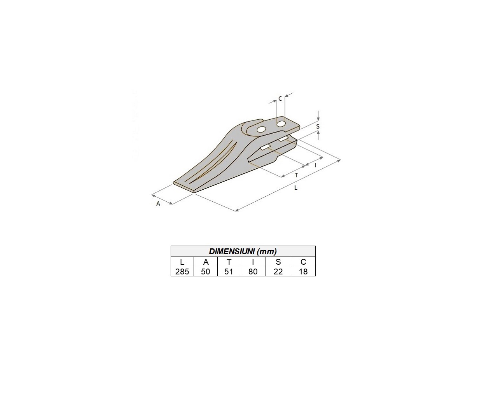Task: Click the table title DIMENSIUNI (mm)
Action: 243,251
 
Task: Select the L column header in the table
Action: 182,262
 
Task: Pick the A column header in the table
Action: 206,262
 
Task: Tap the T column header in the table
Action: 229,262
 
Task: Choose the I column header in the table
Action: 253,262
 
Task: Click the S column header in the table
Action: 278,262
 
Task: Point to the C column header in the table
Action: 303,262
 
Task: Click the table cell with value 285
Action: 182,272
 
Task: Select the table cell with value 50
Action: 206,272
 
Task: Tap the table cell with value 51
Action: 229,272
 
